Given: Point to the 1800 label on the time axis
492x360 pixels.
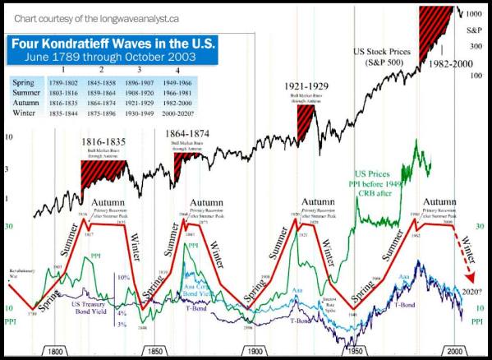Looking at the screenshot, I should tap(55, 350).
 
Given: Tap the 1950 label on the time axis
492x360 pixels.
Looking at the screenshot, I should tap(356, 350).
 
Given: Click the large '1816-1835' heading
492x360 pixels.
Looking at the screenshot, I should tap(103, 141).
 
